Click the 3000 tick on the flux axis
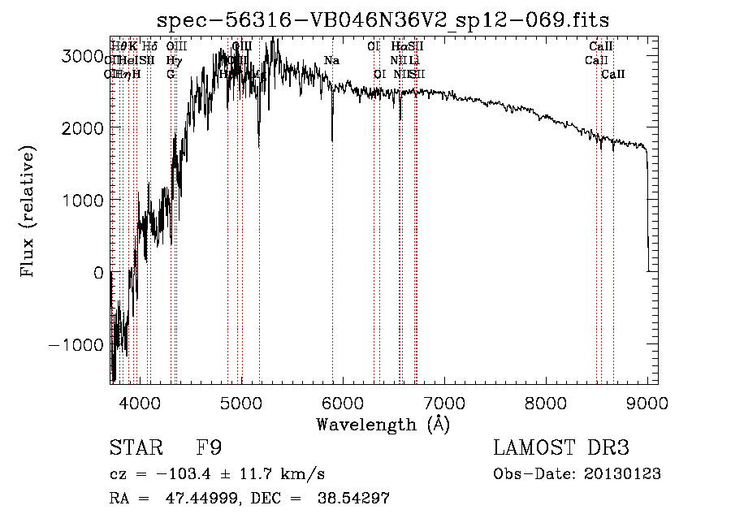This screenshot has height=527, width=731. [x=83, y=56]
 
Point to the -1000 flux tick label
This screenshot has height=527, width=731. [x=78, y=344]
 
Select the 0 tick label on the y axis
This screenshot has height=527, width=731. [x=97, y=273]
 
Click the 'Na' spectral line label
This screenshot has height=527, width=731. [x=331, y=61]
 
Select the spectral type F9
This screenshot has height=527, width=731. [x=209, y=448]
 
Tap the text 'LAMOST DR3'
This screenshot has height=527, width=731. [x=561, y=448]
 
